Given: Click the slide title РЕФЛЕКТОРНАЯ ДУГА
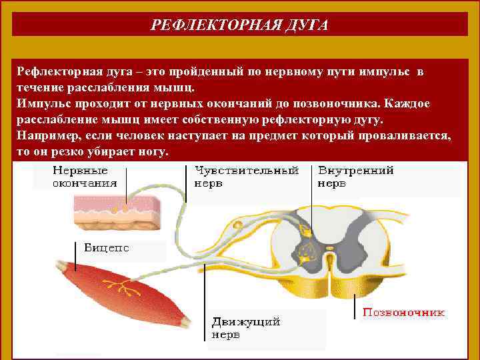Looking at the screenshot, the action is tap(239, 25).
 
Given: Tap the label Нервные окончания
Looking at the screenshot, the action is tap(85, 176).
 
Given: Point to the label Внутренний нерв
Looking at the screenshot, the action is tap(355, 176).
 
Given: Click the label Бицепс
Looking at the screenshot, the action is tap(107, 247).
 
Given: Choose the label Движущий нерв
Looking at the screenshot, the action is tap(245, 327).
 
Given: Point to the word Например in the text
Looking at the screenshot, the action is tap(47, 135).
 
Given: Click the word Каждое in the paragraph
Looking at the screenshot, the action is tap(409, 103).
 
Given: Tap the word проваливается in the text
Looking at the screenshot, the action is tap(407, 135).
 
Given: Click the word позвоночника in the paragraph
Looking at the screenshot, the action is tap(341, 103).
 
